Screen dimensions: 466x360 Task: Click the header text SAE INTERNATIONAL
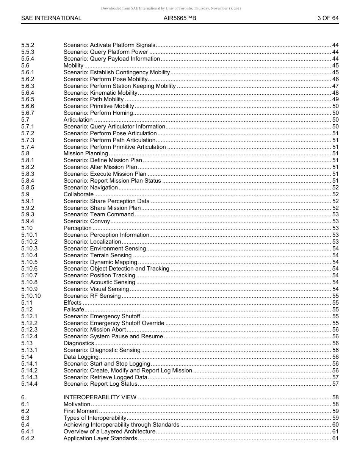(x=51, y=18)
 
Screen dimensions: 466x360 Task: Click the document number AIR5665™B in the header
(x=180, y=18)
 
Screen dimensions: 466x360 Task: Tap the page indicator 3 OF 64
(x=328, y=18)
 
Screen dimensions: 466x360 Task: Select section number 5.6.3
(x=28, y=86)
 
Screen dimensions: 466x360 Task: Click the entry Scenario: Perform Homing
(x=98, y=113)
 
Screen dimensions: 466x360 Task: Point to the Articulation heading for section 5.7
(x=78, y=120)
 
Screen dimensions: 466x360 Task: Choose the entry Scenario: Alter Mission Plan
(x=100, y=167)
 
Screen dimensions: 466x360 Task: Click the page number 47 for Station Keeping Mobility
(x=335, y=86)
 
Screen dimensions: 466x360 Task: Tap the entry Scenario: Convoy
(x=87, y=221)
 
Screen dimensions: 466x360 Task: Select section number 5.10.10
(x=31, y=296)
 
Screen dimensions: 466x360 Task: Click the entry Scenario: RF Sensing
(x=92, y=296)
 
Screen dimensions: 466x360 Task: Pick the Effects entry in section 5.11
(x=72, y=303)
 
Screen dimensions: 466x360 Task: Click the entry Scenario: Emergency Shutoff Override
(x=114, y=323)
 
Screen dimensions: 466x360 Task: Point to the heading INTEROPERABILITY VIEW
(x=100, y=397)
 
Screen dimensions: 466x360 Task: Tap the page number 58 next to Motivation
(x=335, y=404)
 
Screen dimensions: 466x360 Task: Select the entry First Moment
(x=81, y=411)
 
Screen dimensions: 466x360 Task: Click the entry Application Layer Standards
(x=100, y=438)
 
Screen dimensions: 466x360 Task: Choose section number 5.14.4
(x=29, y=384)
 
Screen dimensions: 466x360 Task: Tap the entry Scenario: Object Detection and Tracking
(x=116, y=269)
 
